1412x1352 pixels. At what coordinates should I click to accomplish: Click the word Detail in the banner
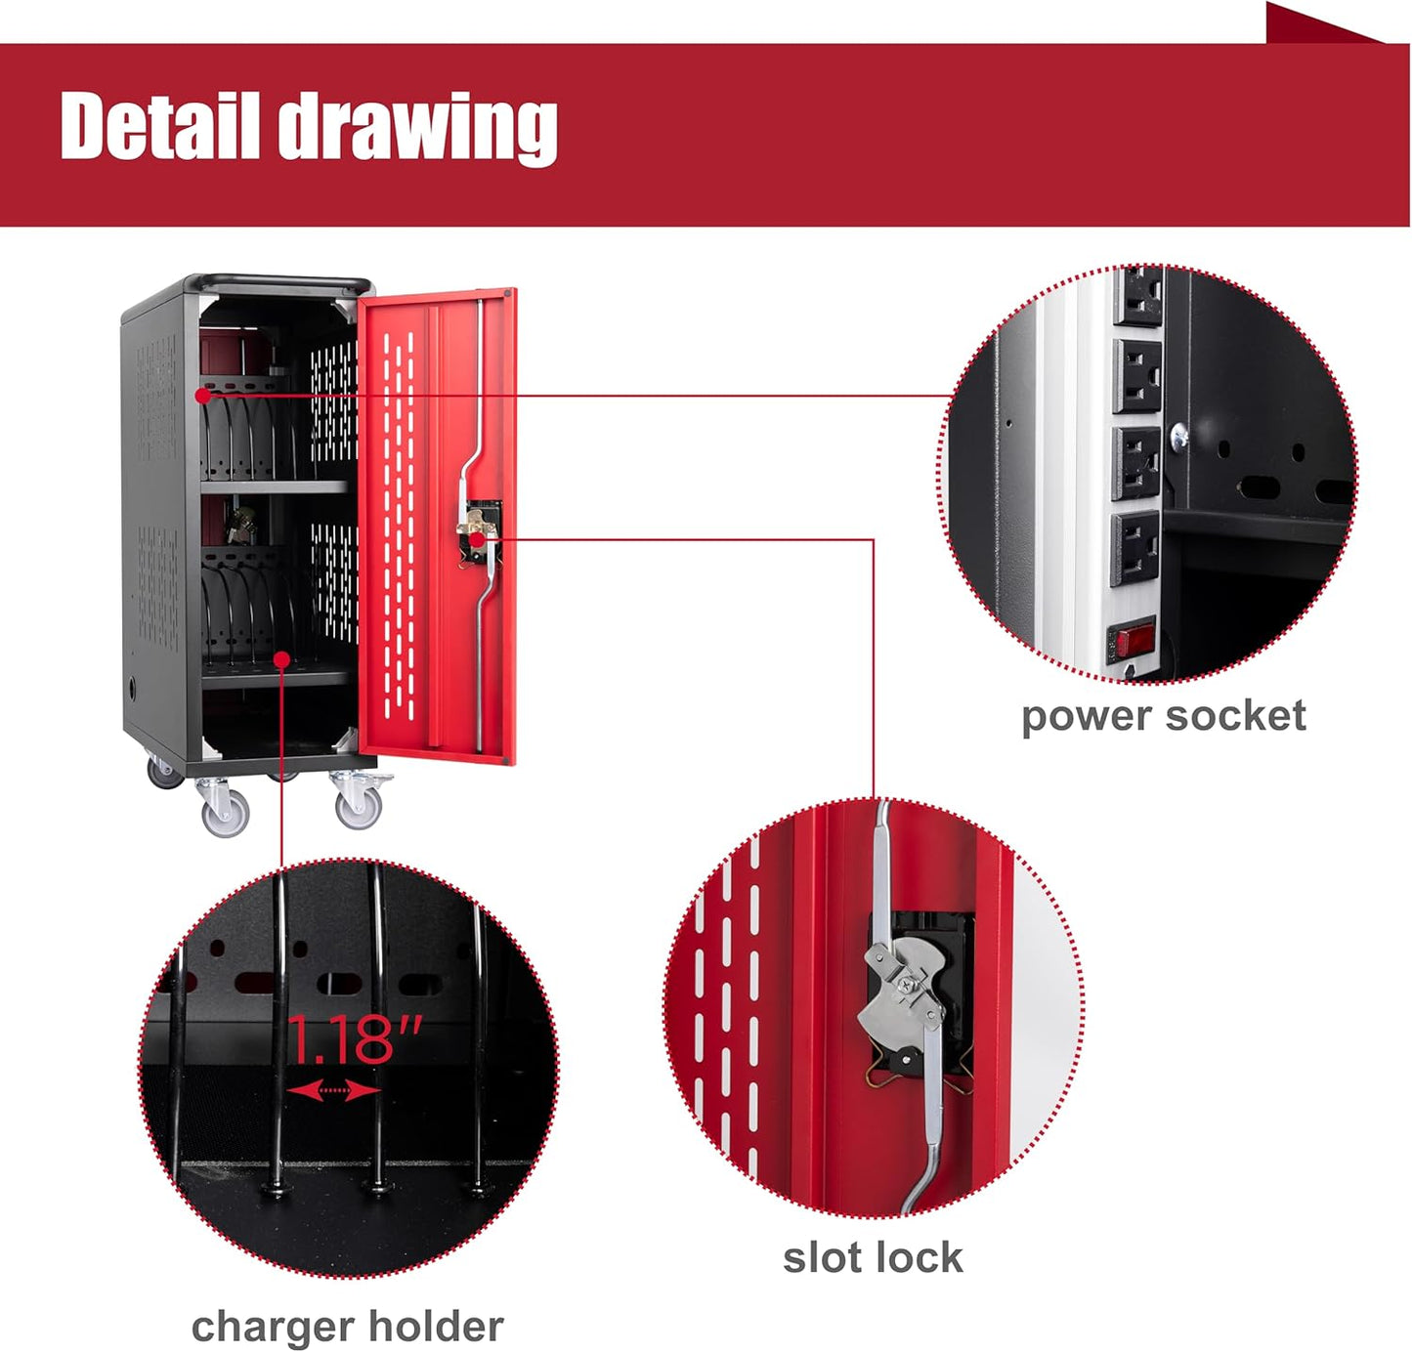point(159,125)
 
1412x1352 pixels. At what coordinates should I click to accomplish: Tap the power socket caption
point(1163,717)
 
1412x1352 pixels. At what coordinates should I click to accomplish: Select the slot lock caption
point(873,1257)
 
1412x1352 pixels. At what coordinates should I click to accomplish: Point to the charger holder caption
point(348,1327)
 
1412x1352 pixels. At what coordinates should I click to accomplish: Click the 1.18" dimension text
point(355,1038)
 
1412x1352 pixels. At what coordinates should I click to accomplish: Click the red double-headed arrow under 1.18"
point(334,1089)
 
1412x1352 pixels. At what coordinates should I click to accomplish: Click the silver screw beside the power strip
point(1179,436)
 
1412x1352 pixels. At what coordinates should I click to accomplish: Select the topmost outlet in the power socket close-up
point(1137,296)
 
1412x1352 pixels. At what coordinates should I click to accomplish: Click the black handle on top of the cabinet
point(283,281)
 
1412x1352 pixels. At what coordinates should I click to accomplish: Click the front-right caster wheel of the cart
point(359,805)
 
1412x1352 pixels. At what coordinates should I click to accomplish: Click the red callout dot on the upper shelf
point(203,396)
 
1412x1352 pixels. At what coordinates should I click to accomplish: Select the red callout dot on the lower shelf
point(282,658)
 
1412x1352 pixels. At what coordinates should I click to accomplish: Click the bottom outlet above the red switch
point(1134,548)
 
